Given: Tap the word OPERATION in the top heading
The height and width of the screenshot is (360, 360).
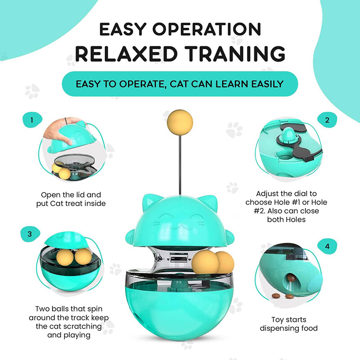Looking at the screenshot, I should point(216,29).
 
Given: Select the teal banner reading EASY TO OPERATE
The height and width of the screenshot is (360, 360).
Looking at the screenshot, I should point(180,84).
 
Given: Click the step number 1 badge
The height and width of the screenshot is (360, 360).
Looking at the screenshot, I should point(32,121).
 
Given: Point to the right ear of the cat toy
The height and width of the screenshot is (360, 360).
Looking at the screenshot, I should point(207,200).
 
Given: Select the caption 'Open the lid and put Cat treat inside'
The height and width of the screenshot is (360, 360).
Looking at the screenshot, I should point(71,199).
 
